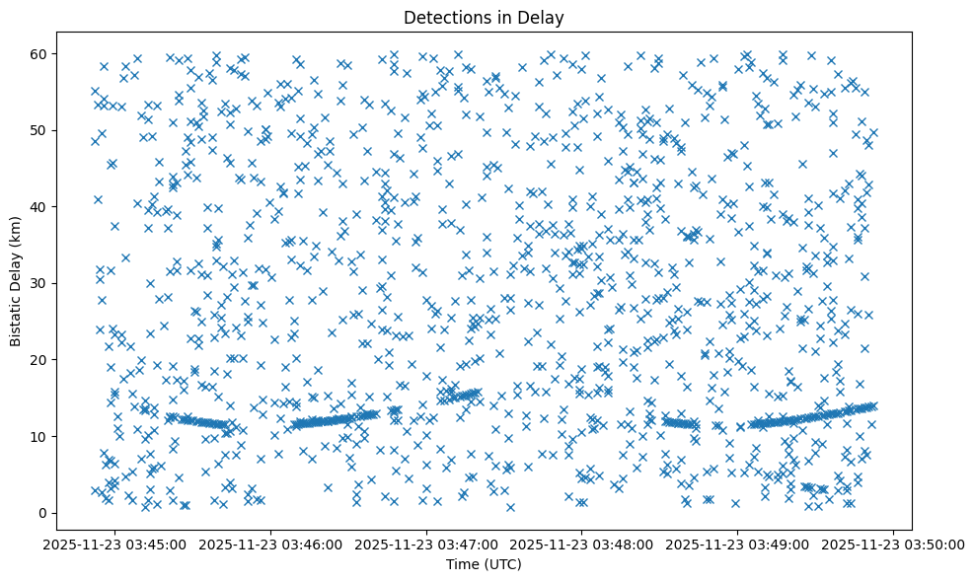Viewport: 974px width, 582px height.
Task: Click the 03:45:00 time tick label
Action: (x=116, y=544)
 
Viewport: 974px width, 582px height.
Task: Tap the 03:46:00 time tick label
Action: (x=272, y=544)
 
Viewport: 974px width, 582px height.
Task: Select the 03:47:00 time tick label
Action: (x=427, y=544)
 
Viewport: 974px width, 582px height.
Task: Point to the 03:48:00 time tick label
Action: (x=583, y=544)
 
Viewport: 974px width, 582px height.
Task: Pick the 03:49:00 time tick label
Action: (x=738, y=544)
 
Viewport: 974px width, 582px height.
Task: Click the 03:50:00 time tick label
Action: (x=894, y=544)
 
